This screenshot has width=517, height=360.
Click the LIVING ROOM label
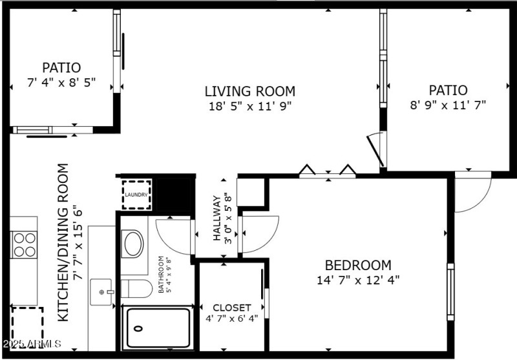coord(249,91)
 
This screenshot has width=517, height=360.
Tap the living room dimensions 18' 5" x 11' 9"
coord(249,107)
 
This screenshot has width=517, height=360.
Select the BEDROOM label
coord(357,265)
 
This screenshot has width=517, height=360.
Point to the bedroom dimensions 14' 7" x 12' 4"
coord(357,280)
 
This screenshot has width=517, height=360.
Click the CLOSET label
coord(231,308)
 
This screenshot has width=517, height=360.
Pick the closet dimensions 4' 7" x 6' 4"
coord(231,318)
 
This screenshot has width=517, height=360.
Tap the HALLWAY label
coord(217,218)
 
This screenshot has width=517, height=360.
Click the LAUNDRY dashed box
coord(136,195)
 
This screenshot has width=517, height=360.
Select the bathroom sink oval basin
coord(134,244)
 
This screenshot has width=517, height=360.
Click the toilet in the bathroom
coord(136,288)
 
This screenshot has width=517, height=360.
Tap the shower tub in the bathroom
coord(158,328)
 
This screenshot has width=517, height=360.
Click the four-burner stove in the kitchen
coord(24,245)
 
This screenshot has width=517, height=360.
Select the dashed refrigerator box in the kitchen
coord(27,326)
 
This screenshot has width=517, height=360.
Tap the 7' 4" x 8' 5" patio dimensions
coord(61,82)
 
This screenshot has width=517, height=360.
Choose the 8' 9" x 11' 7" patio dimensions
coord(448,104)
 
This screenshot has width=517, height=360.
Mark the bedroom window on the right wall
coord(450,282)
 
